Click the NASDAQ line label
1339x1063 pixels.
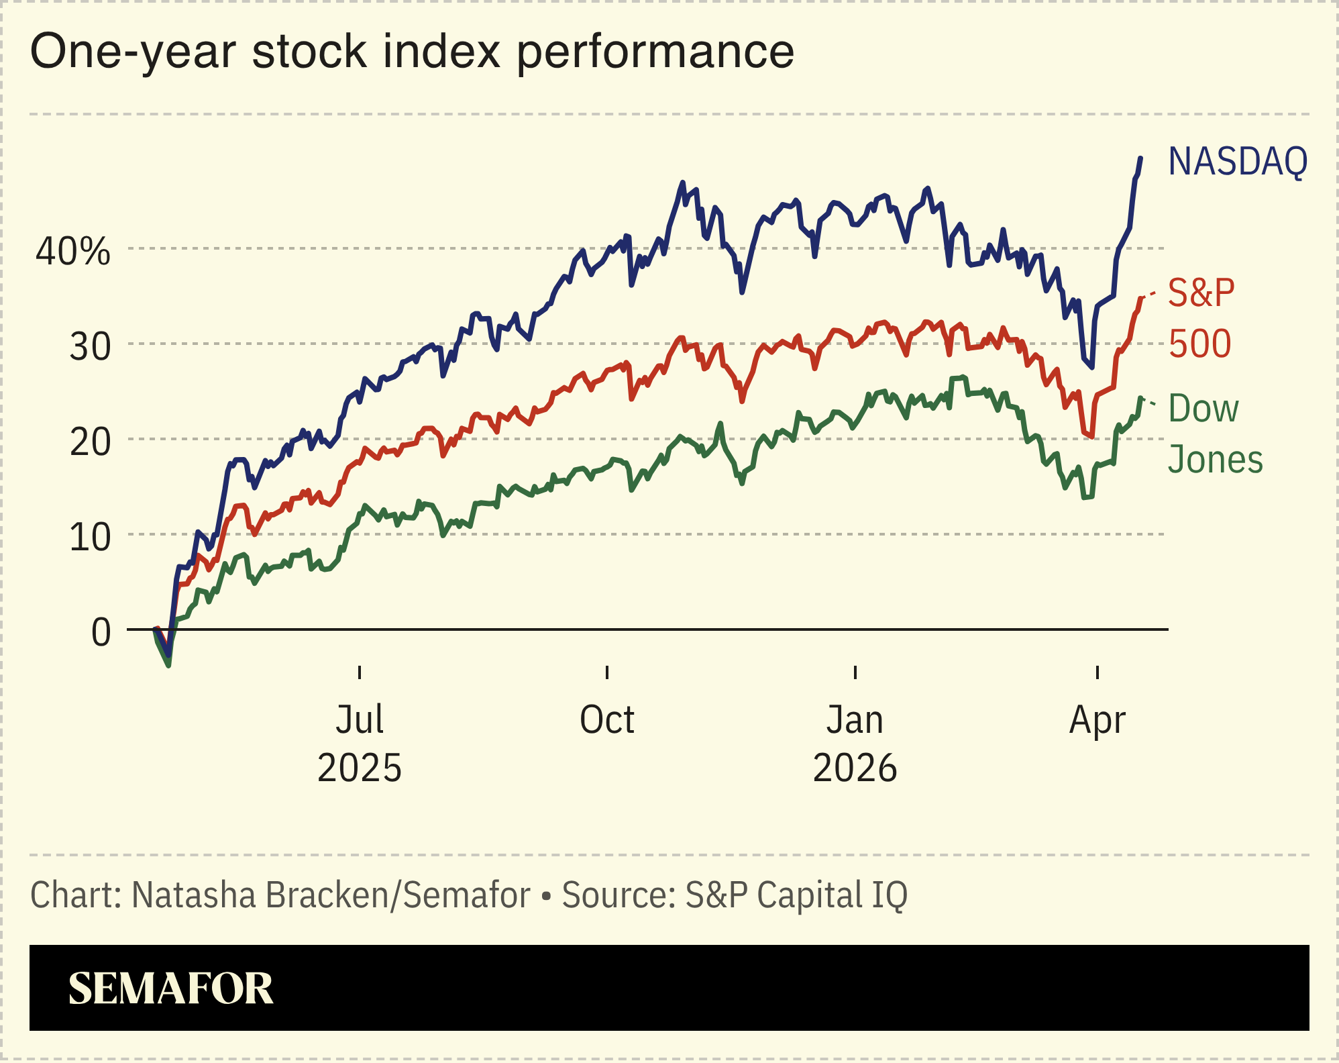coord(1237,162)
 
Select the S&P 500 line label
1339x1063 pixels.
coord(1201,318)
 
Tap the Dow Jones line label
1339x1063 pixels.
coord(1214,434)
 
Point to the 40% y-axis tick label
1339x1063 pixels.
coord(72,252)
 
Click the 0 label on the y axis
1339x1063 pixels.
coord(101,633)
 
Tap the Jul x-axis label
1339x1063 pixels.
coord(360,719)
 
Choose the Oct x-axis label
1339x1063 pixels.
coord(606,719)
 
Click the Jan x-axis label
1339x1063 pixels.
coord(855,719)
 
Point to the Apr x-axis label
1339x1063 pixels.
coord(1097,719)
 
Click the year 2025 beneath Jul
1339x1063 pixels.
coord(360,768)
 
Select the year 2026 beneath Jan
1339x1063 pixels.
coord(855,768)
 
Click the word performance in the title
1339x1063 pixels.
coord(655,52)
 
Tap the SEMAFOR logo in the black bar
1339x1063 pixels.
coord(170,989)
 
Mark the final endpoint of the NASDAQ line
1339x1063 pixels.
coord(1140,159)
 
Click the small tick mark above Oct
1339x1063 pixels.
coord(607,672)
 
